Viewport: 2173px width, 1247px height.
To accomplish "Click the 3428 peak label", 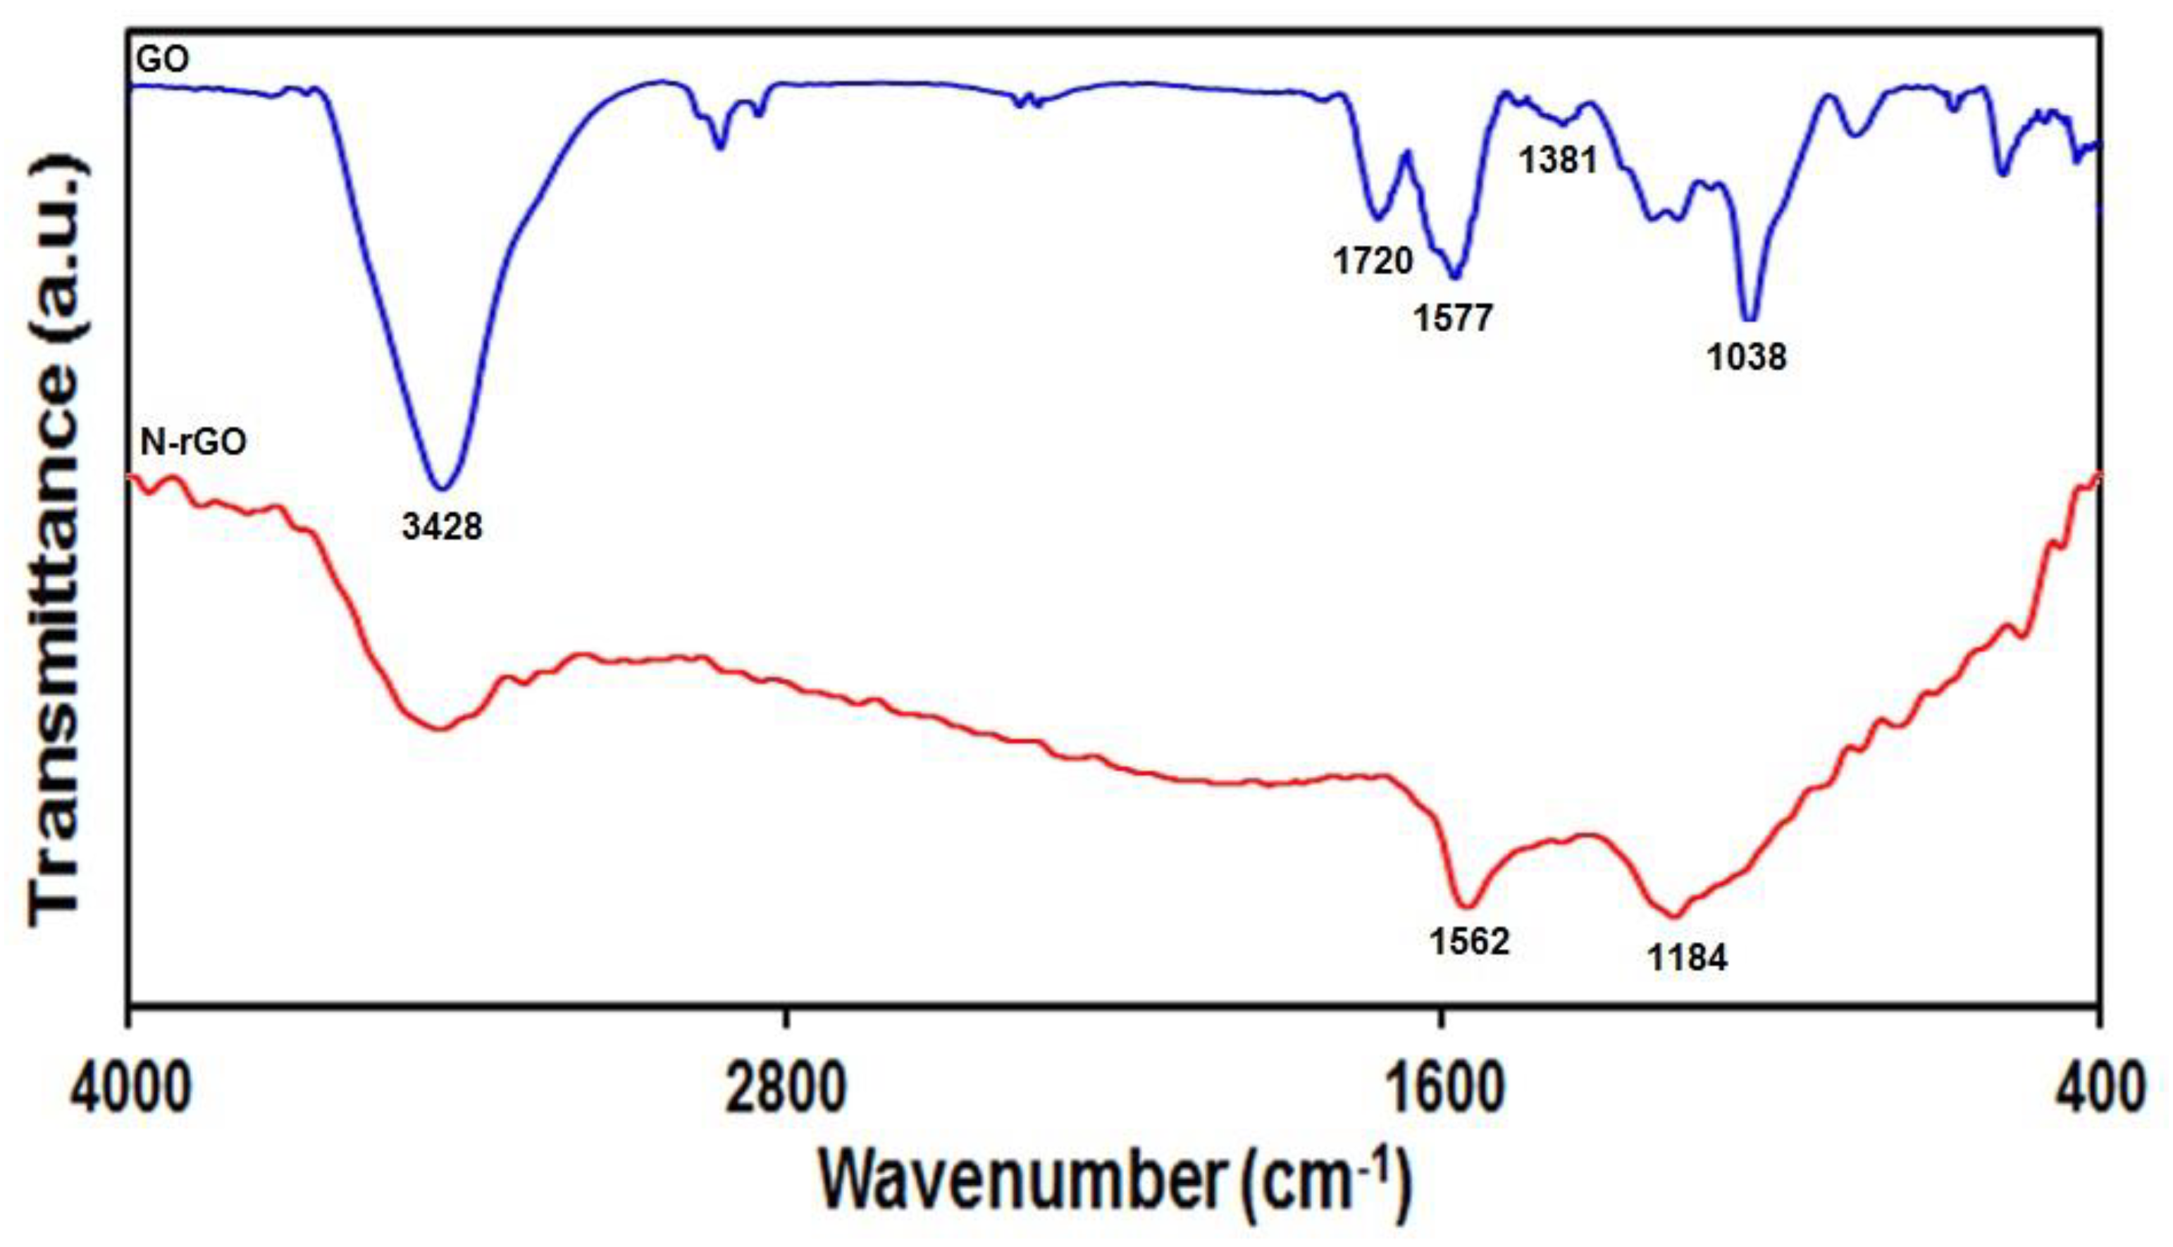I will coord(442,526).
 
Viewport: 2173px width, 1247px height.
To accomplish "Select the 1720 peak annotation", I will coord(1372,261).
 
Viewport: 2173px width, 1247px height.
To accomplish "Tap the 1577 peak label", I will coord(1453,318).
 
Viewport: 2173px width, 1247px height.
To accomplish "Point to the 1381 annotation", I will coord(1558,160).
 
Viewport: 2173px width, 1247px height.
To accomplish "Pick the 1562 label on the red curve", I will coord(1468,941).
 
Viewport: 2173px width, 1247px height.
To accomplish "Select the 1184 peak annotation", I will coord(1688,957).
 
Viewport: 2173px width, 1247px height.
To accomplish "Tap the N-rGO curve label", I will coord(194,442).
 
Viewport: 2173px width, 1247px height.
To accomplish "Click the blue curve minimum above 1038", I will coord(1750,318).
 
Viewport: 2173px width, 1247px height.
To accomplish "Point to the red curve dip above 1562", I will coord(1467,906).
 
